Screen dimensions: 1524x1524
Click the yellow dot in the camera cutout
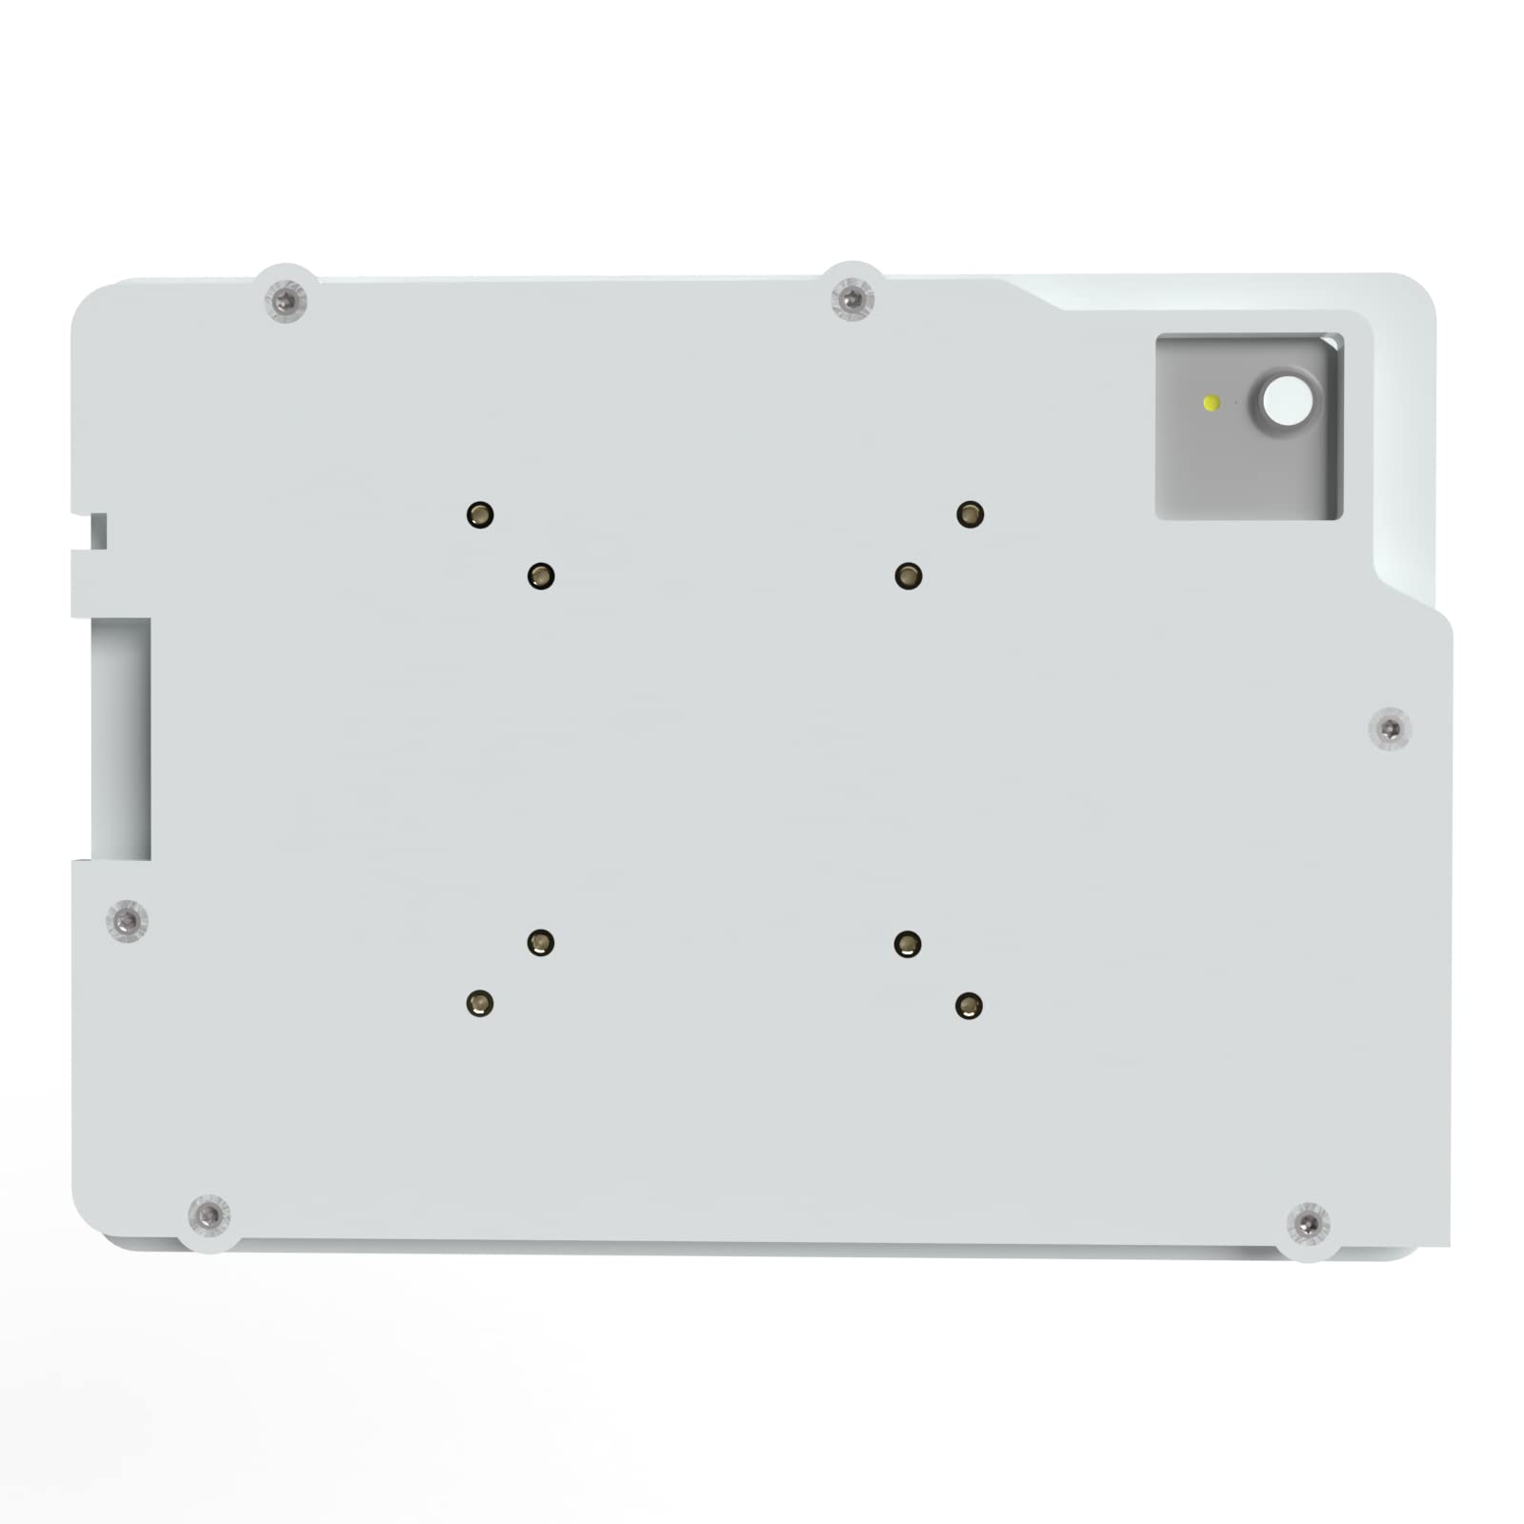tap(1212, 403)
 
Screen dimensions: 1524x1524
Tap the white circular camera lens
tap(1287, 401)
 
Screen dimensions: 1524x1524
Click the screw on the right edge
tap(1390, 731)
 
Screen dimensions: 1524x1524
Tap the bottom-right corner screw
tap(1308, 1222)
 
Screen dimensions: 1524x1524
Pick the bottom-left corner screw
tap(209, 1215)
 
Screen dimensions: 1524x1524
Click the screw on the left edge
tap(127, 921)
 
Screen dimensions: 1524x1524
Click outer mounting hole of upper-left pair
tap(480, 515)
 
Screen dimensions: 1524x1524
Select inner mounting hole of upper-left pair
tap(541, 576)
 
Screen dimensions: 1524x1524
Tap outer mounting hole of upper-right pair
tap(970, 514)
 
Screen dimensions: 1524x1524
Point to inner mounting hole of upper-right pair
tap(909, 575)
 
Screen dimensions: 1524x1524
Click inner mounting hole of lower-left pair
tap(541, 943)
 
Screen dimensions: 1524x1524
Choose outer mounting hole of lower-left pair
tap(480, 1004)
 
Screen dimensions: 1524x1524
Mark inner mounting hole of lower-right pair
tap(908, 944)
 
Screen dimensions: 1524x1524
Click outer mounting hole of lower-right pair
tap(969, 1006)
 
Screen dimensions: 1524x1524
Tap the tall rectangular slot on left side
tap(121, 738)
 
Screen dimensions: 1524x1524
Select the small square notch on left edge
tap(98, 531)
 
